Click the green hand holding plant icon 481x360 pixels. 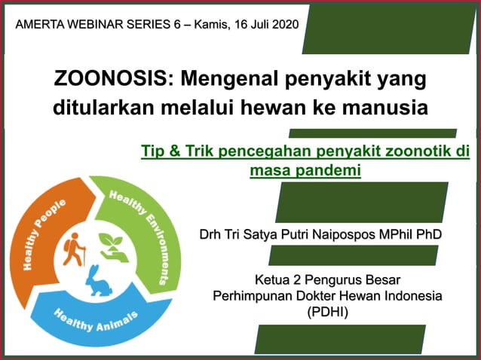[115, 247]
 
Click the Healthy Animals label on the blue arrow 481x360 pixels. [95, 320]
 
